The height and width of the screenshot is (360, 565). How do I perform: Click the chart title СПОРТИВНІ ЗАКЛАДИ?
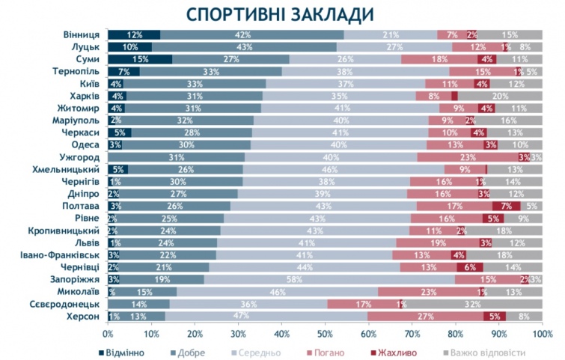pyautogui.click(x=281, y=14)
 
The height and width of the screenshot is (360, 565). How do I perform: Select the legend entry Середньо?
pyautogui.click(x=255, y=350)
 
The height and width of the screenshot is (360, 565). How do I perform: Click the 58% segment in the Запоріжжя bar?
pyautogui.click(x=329, y=280)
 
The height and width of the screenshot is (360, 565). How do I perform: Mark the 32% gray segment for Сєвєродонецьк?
pyautogui.click(x=472, y=304)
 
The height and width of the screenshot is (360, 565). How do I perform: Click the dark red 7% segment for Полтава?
pyautogui.click(x=506, y=206)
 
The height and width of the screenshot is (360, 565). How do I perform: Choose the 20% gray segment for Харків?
pyautogui.click(x=500, y=96)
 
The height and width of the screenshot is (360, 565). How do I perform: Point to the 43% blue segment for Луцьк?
pyautogui.click(x=245, y=46)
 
